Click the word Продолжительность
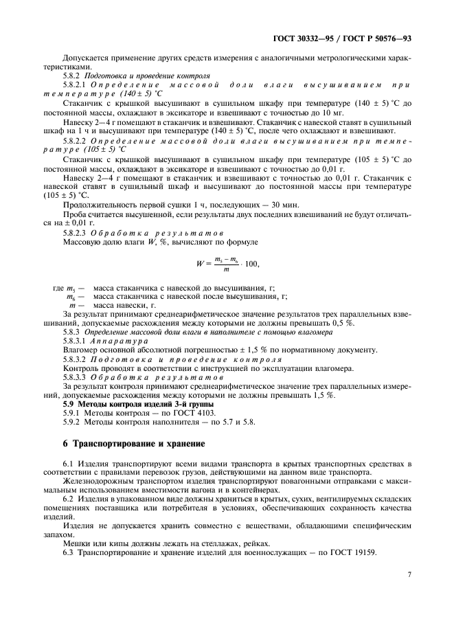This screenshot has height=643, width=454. [100, 205]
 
